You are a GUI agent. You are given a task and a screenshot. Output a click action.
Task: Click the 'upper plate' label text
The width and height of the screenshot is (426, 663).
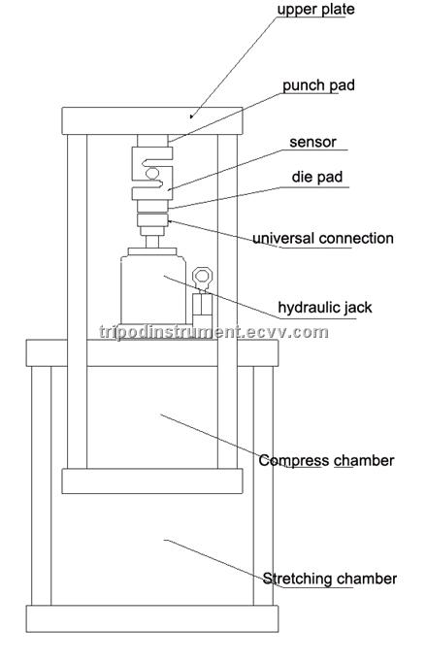point(315,10)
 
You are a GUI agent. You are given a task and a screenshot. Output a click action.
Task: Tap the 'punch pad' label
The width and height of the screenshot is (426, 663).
point(318,85)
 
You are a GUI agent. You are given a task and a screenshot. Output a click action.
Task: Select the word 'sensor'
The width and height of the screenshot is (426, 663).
point(312,142)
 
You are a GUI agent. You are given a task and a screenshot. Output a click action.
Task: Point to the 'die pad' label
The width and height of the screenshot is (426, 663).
point(317,177)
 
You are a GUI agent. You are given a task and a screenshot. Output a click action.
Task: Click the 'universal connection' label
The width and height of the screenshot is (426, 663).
point(323,238)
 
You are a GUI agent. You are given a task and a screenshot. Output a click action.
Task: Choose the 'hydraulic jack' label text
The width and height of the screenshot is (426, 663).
point(325,308)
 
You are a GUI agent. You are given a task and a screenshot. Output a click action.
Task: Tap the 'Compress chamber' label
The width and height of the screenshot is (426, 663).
point(326,460)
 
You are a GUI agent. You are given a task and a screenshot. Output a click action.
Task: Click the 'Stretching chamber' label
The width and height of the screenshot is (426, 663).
point(330,579)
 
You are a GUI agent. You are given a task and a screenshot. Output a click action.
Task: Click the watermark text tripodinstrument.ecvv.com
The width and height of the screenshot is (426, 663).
point(213,332)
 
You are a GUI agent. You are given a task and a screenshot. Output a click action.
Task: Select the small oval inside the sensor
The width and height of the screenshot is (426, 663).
point(152,173)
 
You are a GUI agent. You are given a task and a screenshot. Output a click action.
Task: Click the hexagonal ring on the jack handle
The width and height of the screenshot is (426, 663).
point(201,277)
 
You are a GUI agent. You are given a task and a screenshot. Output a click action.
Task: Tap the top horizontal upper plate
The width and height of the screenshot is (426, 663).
point(152,121)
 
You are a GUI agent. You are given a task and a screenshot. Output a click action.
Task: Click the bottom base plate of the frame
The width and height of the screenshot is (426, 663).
point(152,618)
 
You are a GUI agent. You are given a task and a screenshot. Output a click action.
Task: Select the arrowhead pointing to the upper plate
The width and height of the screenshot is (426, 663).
point(192,116)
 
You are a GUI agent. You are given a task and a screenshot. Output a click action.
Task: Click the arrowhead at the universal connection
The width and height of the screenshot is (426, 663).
point(171,220)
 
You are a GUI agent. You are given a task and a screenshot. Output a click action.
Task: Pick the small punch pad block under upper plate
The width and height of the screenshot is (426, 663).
point(152,141)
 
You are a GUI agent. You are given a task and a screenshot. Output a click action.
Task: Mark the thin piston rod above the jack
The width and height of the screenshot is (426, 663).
point(152,242)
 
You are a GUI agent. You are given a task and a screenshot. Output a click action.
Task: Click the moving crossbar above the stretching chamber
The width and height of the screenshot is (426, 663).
point(152,481)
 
